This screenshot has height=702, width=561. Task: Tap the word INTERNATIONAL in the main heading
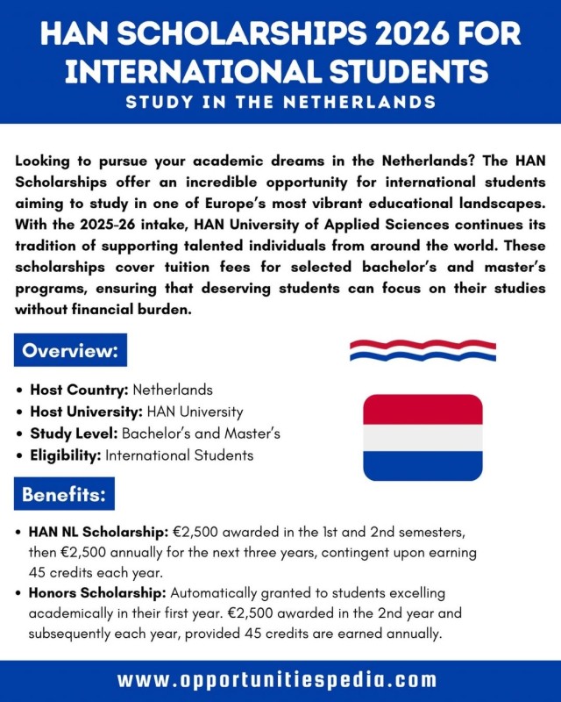pos(165,71)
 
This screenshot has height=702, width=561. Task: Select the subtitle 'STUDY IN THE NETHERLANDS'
pos(280,102)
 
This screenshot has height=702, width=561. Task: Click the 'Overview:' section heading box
pos(71,352)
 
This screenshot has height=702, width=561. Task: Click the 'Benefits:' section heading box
pos(65,495)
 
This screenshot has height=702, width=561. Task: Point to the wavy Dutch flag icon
pos(423,350)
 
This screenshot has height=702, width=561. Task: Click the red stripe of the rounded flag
pos(423,410)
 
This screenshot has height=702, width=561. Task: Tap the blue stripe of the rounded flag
pos(423,466)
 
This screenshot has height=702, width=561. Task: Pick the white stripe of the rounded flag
pos(423,438)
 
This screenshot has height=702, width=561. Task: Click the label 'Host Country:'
pos(79,389)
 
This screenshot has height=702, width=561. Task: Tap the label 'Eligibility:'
pos(67,455)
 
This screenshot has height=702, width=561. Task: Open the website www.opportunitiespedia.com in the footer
pos(280,680)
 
